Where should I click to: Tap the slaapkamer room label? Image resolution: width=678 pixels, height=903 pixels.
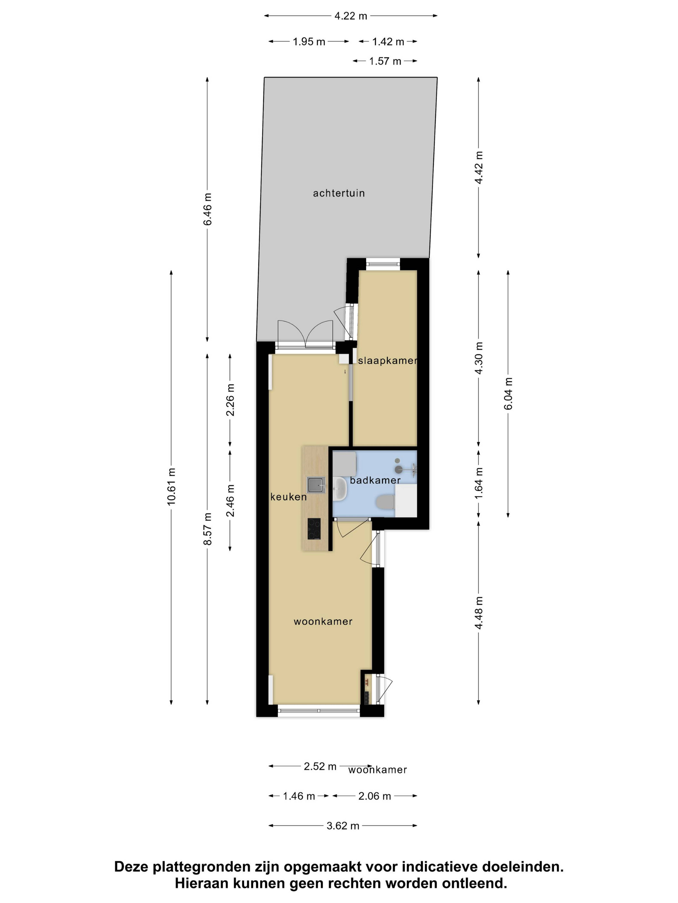387,360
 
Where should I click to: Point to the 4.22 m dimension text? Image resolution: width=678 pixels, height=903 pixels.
351,16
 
